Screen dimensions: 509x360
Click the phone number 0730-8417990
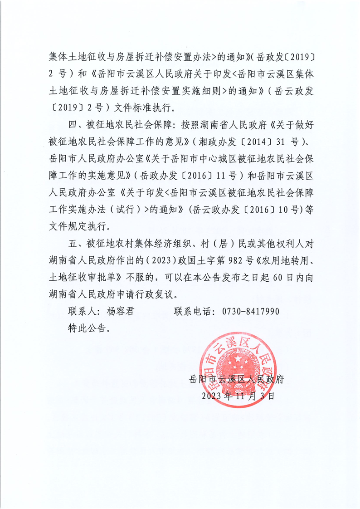click(250, 312)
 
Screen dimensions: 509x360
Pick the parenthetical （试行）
click(125, 209)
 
